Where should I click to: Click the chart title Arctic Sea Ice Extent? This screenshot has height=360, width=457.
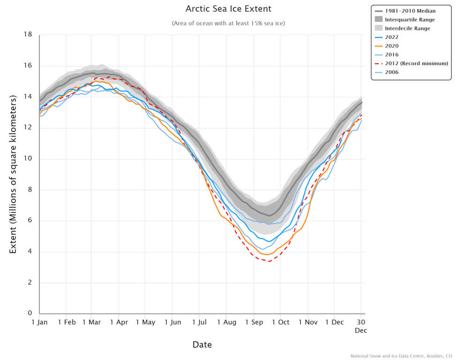click(x=228, y=9)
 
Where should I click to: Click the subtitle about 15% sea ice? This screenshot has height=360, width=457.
click(x=228, y=23)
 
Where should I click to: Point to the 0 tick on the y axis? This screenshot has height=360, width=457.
click(x=30, y=314)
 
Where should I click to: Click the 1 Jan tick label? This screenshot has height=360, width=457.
click(x=39, y=322)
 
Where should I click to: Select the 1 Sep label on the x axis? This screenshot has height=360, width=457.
click(x=254, y=322)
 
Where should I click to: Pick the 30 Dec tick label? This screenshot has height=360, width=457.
click(x=360, y=326)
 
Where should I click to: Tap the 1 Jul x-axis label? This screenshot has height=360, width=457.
click(x=199, y=322)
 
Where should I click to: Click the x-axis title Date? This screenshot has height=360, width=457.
click(x=202, y=345)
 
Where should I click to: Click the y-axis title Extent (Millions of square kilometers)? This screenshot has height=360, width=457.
click(x=13, y=174)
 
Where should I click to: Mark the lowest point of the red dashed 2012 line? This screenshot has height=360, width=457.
click(x=269, y=261)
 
